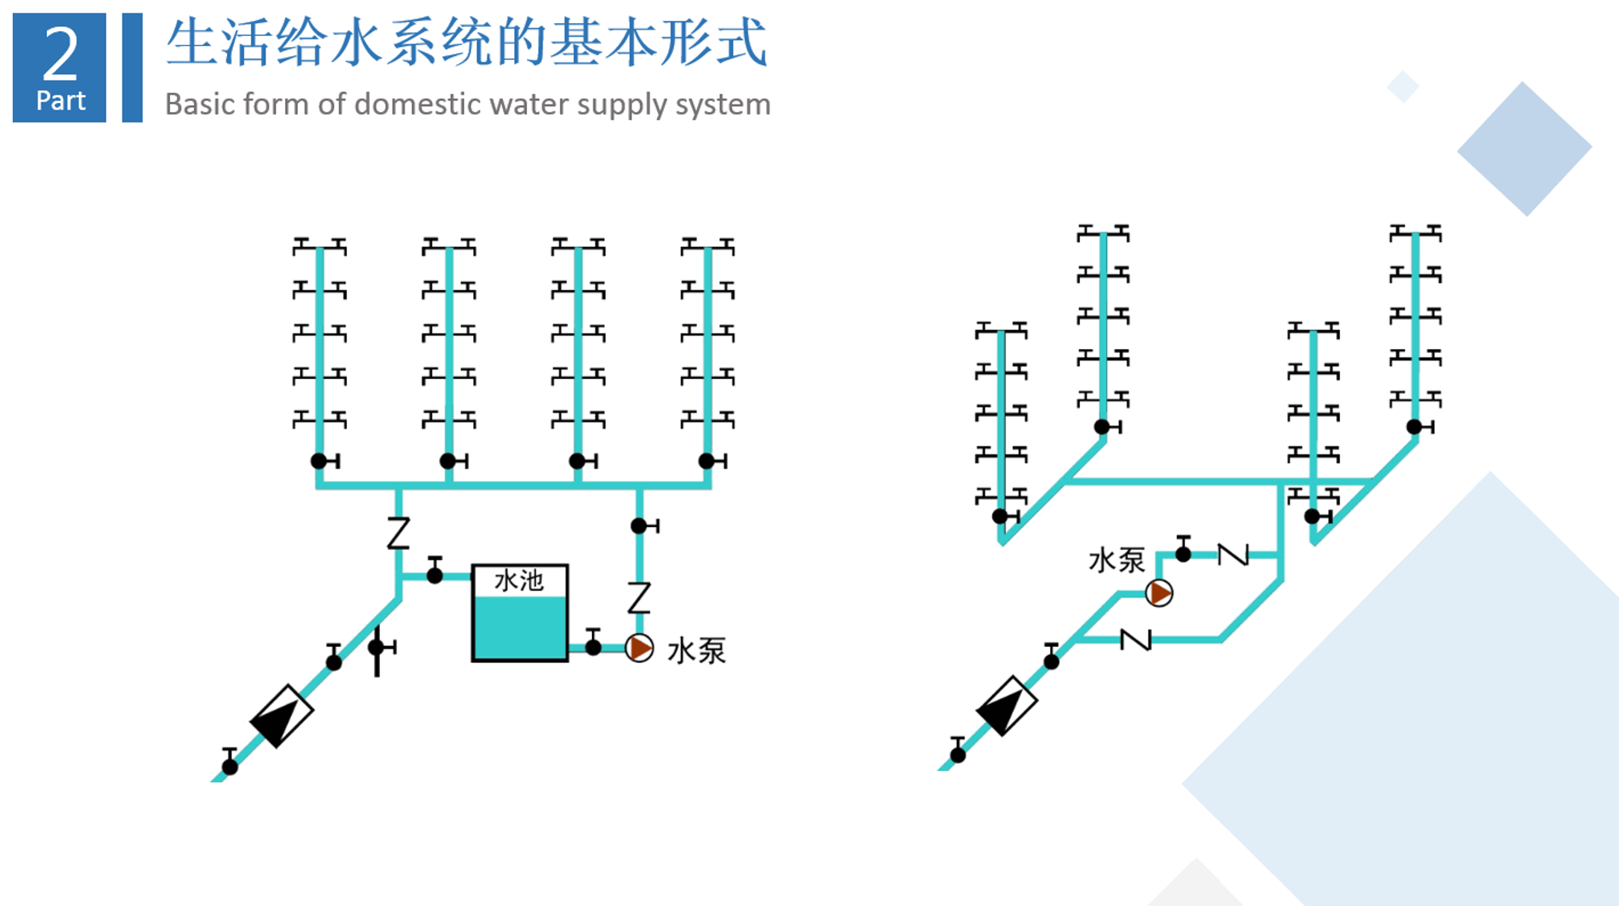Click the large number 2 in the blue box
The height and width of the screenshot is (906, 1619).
(x=60, y=53)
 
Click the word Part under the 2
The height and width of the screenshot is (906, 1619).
(x=60, y=100)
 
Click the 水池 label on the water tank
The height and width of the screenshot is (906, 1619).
(x=519, y=580)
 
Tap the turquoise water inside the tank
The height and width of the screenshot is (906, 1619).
(x=520, y=628)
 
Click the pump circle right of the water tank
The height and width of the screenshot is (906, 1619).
(x=639, y=648)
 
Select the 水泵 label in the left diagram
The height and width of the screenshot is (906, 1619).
(x=696, y=651)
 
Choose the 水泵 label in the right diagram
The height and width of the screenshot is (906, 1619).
(x=1117, y=560)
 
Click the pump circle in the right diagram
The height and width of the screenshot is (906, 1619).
(x=1158, y=593)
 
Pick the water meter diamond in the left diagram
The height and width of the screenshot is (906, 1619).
(x=281, y=716)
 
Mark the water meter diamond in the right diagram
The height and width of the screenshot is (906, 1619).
(x=1006, y=706)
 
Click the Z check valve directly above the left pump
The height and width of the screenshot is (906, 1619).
(x=639, y=598)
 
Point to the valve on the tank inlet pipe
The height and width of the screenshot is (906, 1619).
(x=434, y=570)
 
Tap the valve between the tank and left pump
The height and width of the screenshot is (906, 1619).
(x=593, y=643)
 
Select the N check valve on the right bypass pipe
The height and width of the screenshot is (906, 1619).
(x=1135, y=640)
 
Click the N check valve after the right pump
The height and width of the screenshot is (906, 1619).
(x=1233, y=554)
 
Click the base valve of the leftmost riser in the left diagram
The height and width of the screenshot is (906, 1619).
(x=325, y=461)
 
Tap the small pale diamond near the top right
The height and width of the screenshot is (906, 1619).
(x=1403, y=87)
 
